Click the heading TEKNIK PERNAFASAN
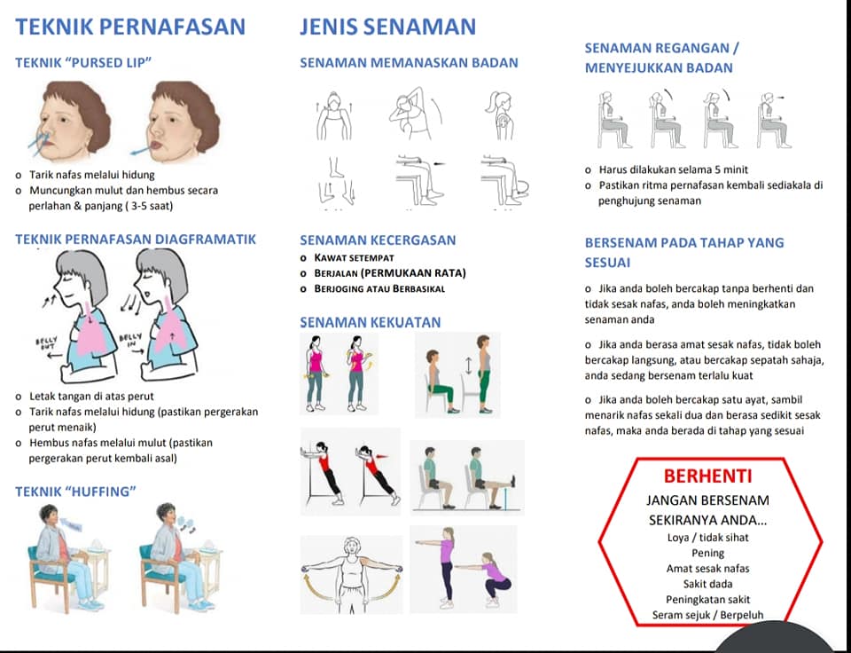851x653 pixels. (130, 27)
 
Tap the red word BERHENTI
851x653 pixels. (707, 476)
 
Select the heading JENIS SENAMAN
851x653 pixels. (388, 27)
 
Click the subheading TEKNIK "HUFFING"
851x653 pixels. (75, 492)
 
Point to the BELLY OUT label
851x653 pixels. (47, 343)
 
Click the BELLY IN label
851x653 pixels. (130, 341)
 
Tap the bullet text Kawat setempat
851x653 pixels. (354, 258)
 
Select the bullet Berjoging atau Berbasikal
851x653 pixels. (379, 288)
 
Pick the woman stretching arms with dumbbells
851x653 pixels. (352, 575)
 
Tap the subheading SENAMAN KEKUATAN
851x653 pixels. (371, 323)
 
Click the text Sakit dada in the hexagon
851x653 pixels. (707, 584)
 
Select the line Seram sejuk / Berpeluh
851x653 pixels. (707, 615)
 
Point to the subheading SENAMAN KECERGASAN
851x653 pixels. (378, 240)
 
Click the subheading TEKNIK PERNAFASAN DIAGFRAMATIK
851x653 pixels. (136, 240)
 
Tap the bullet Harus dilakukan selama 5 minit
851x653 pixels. (674, 169)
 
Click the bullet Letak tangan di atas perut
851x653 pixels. (91, 396)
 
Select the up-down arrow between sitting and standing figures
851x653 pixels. (469, 366)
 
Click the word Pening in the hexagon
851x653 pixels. (707, 553)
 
